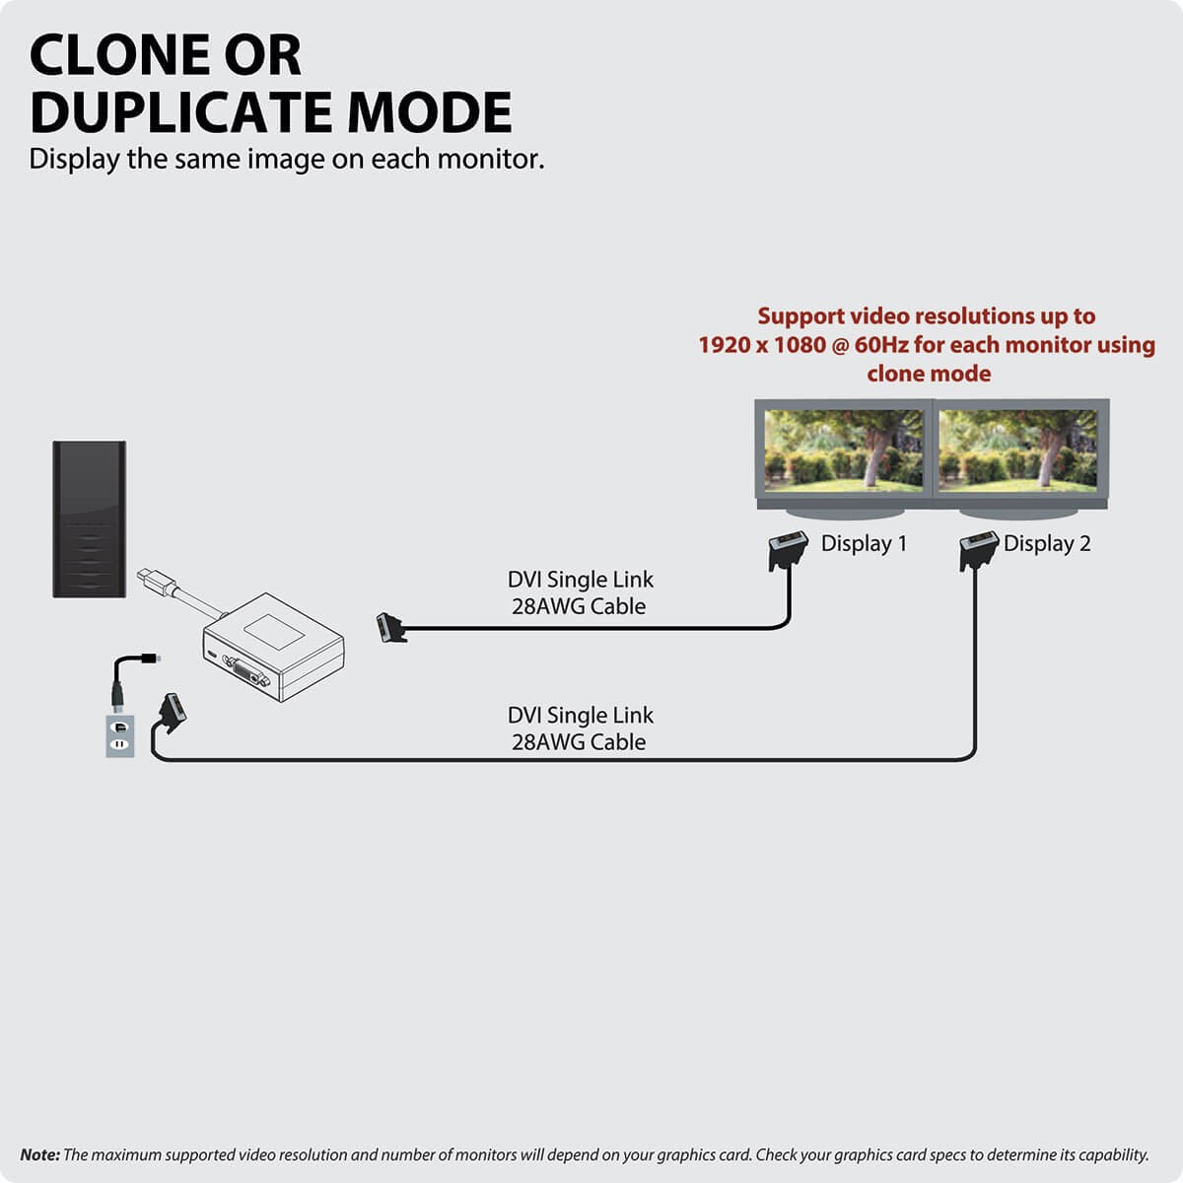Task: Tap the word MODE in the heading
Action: [x=432, y=112]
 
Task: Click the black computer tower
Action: [x=90, y=519]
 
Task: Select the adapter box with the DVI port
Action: [x=274, y=647]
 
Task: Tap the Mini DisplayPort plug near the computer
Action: [x=150, y=579]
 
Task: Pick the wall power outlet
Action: [x=120, y=735]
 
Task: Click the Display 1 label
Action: [x=864, y=543]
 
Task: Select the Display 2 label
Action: [x=1047, y=543]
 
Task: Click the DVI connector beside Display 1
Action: [x=788, y=549]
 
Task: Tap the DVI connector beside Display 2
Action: [x=978, y=549]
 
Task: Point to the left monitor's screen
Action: [x=844, y=451]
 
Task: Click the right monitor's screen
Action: [x=1017, y=451]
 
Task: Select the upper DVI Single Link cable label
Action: [x=580, y=593]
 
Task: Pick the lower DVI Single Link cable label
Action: [x=580, y=729]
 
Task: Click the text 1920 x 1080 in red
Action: [x=761, y=345]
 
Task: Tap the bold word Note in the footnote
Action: [x=39, y=1154]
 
